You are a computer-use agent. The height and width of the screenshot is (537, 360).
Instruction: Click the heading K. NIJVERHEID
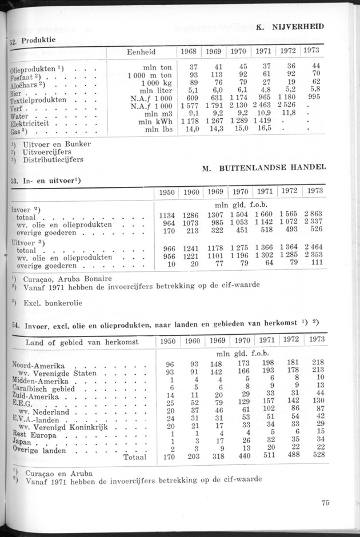290,26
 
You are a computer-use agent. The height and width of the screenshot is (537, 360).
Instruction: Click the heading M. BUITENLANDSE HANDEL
265,167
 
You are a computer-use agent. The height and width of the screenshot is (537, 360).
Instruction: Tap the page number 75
325,503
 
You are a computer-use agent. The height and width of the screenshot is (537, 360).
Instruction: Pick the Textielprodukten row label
38,99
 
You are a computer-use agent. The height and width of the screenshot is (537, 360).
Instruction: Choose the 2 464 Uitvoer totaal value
314,250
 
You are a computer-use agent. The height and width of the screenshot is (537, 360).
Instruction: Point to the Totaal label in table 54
134,457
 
